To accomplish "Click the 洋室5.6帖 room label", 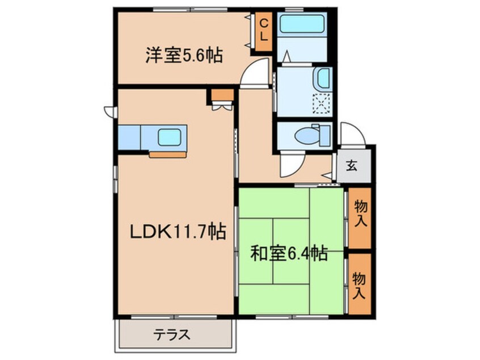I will click(x=183, y=56).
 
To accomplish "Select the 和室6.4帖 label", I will click(x=289, y=254).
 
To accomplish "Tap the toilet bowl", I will click(x=309, y=135).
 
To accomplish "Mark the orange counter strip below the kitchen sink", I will click(x=167, y=154).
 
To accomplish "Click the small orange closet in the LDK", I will click(x=221, y=95).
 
